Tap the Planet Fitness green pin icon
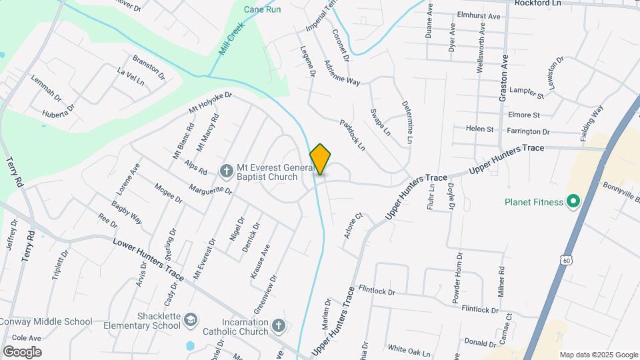572,201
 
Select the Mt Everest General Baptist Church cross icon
227,171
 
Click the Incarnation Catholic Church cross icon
279,326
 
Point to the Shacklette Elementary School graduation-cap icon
191,321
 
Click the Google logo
22,351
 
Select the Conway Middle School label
46,321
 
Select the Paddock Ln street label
353,134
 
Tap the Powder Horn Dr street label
457,279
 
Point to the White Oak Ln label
409,349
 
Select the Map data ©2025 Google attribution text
599,355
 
